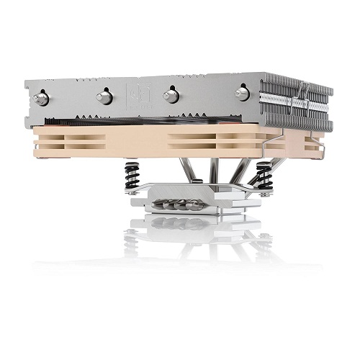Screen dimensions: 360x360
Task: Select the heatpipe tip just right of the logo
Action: pos(171,95)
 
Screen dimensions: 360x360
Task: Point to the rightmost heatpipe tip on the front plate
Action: pos(243,92)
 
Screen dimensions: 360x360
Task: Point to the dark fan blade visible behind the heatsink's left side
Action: pos(72,120)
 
